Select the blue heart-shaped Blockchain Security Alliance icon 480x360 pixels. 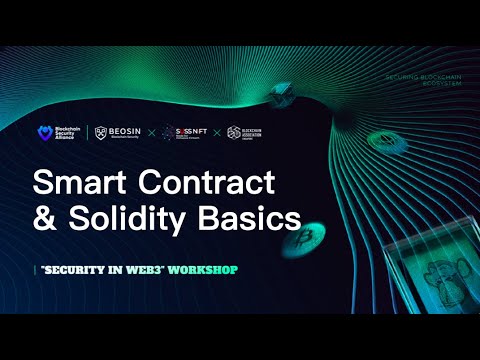(43, 132)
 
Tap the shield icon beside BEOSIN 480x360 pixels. (100, 132)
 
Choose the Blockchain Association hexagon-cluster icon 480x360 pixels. (234, 132)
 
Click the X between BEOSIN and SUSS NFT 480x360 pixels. (163, 132)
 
